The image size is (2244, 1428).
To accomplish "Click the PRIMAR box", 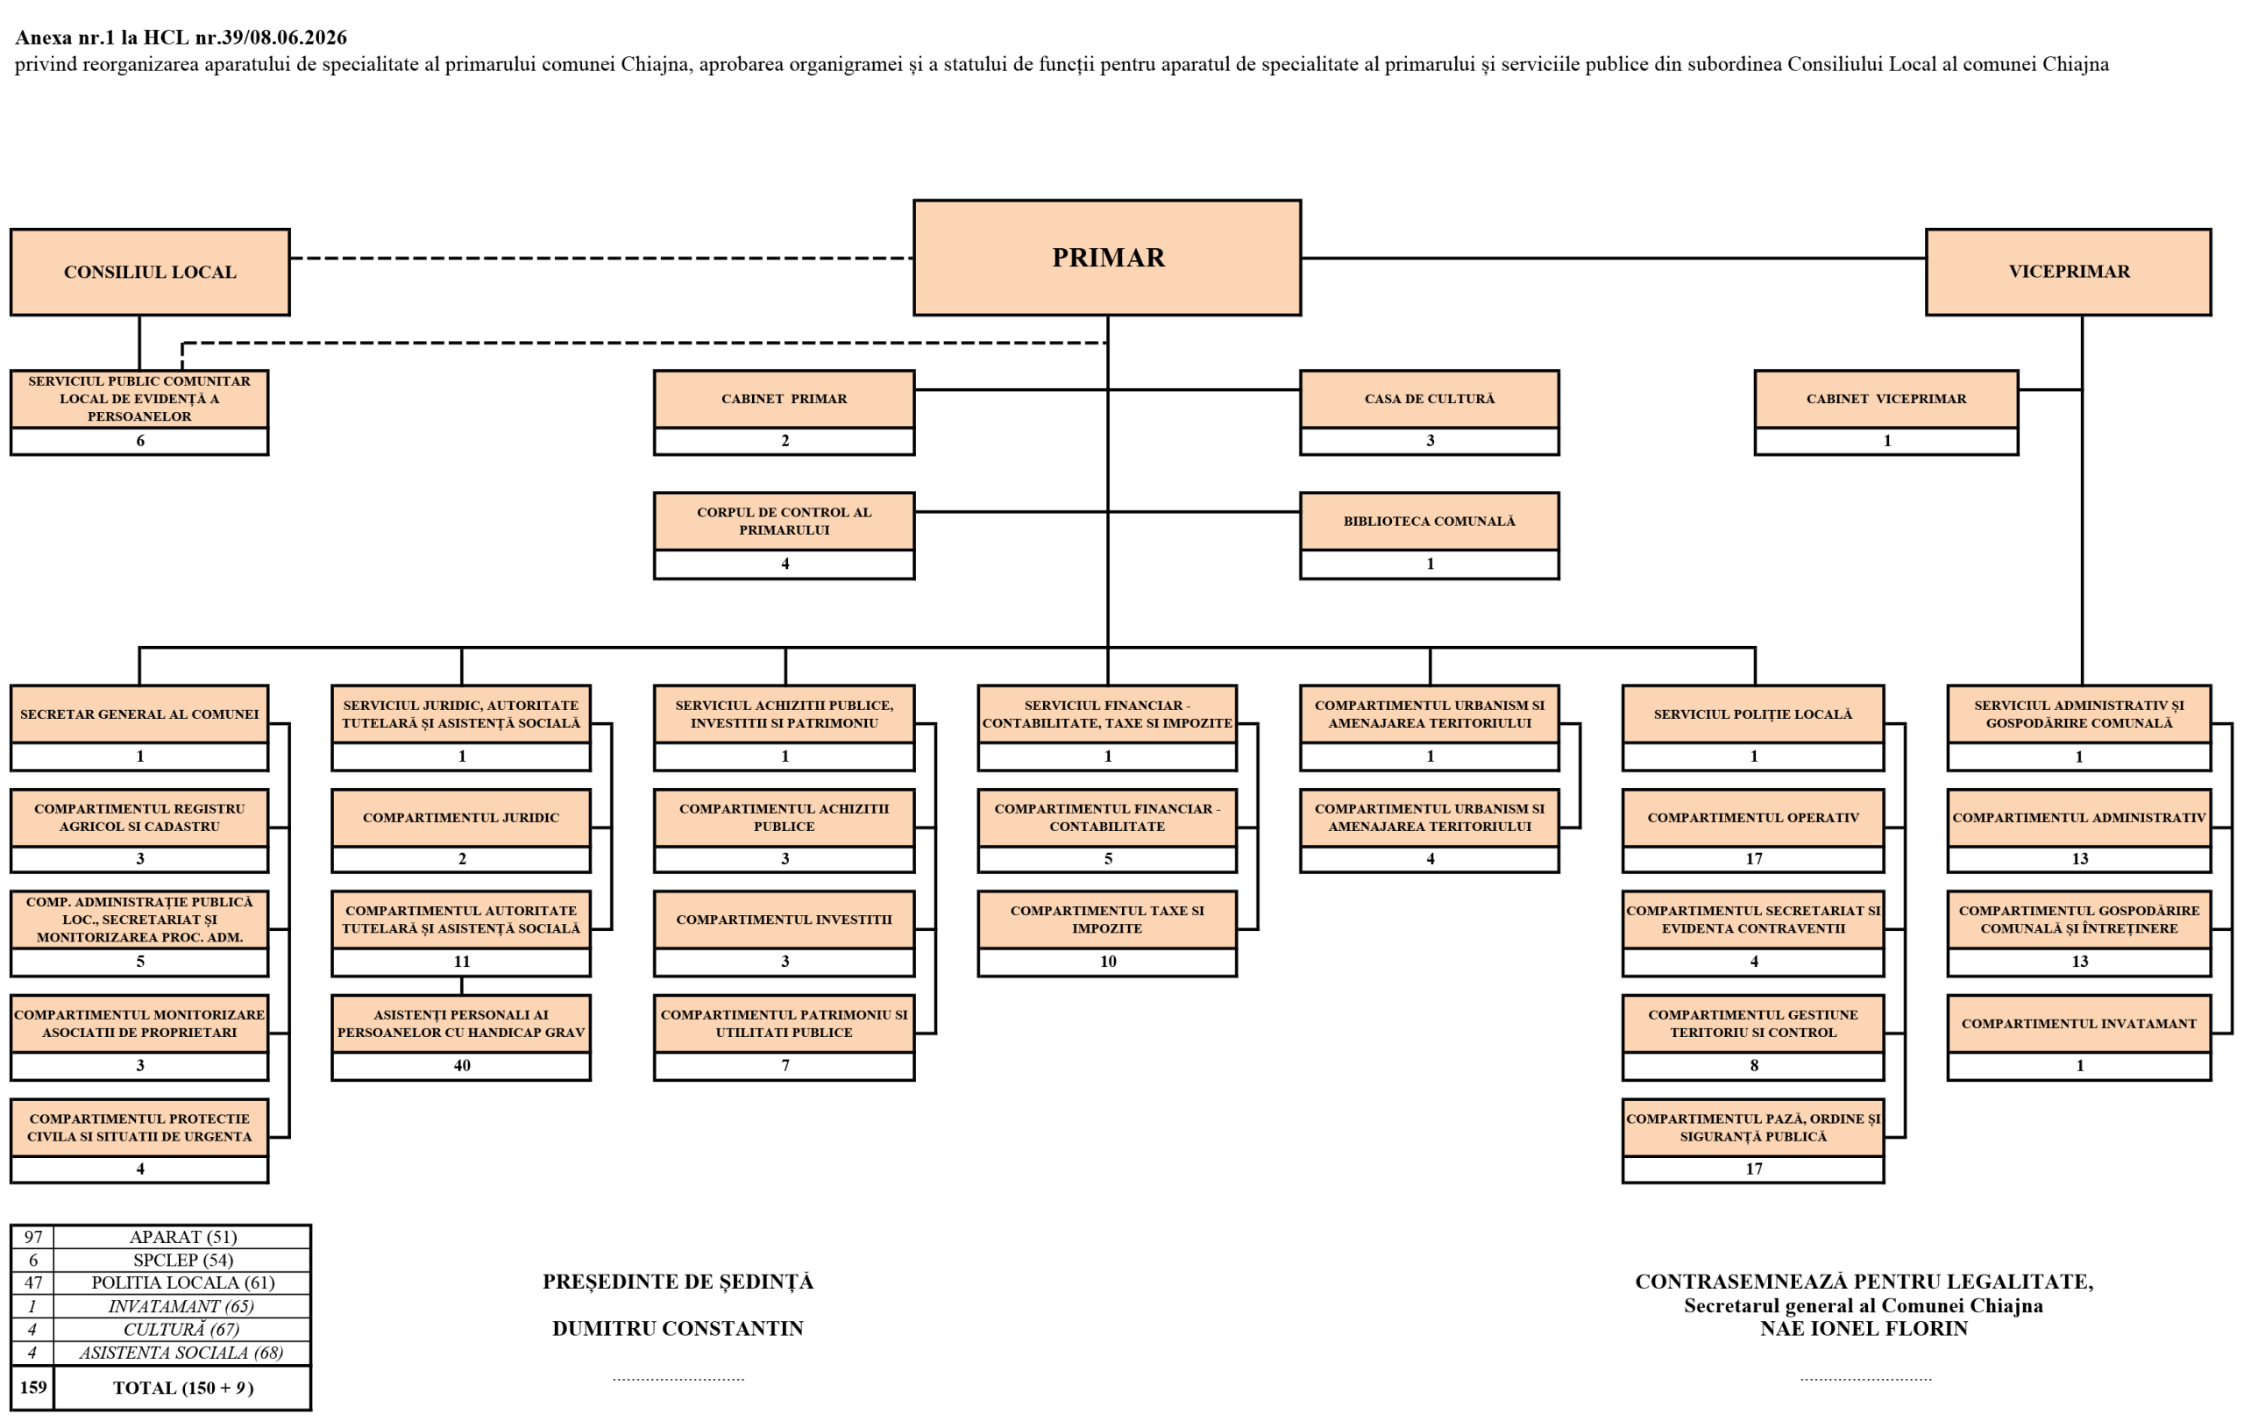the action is pyautogui.click(x=1107, y=257).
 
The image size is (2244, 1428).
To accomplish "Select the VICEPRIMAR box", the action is pyautogui.click(x=2068, y=271).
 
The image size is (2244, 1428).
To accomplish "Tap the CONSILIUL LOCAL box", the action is pyautogui.click(x=150, y=271).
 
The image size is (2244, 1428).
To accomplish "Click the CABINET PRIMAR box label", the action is pyautogui.click(x=784, y=399).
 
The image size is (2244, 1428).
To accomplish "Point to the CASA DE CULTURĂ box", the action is pyautogui.click(x=1430, y=399).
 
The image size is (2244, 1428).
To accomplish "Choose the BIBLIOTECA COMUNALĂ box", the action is pyautogui.click(x=1430, y=521).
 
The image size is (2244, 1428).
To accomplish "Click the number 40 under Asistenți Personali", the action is pyautogui.click(x=462, y=1065).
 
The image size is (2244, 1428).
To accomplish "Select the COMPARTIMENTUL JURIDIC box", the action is pyautogui.click(x=461, y=818).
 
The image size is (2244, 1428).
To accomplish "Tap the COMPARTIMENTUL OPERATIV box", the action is pyautogui.click(x=1753, y=818).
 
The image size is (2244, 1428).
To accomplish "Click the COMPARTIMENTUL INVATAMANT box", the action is pyautogui.click(x=2079, y=1024).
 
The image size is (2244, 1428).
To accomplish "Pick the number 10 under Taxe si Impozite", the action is pyautogui.click(x=1108, y=962).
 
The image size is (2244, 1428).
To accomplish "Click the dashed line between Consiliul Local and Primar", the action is pyautogui.click(x=601, y=259).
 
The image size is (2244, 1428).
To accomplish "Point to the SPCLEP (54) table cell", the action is pyautogui.click(x=182, y=1261).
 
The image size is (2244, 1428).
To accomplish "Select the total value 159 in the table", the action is pyautogui.click(x=32, y=1387).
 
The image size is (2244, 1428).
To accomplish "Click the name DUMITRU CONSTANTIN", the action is pyautogui.click(x=678, y=1328).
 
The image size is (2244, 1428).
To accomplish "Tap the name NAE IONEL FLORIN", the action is pyautogui.click(x=1864, y=1328).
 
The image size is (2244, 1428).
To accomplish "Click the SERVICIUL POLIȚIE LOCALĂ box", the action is pyautogui.click(x=1753, y=714).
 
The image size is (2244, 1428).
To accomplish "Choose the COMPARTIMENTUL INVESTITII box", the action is pyautogui.click(x=784, y=920).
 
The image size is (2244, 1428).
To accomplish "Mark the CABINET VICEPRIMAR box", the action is pyautogui.click(x=1886, y=399).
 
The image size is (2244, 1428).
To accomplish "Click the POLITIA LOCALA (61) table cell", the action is pyautogui.click(x=182, y=1282).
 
